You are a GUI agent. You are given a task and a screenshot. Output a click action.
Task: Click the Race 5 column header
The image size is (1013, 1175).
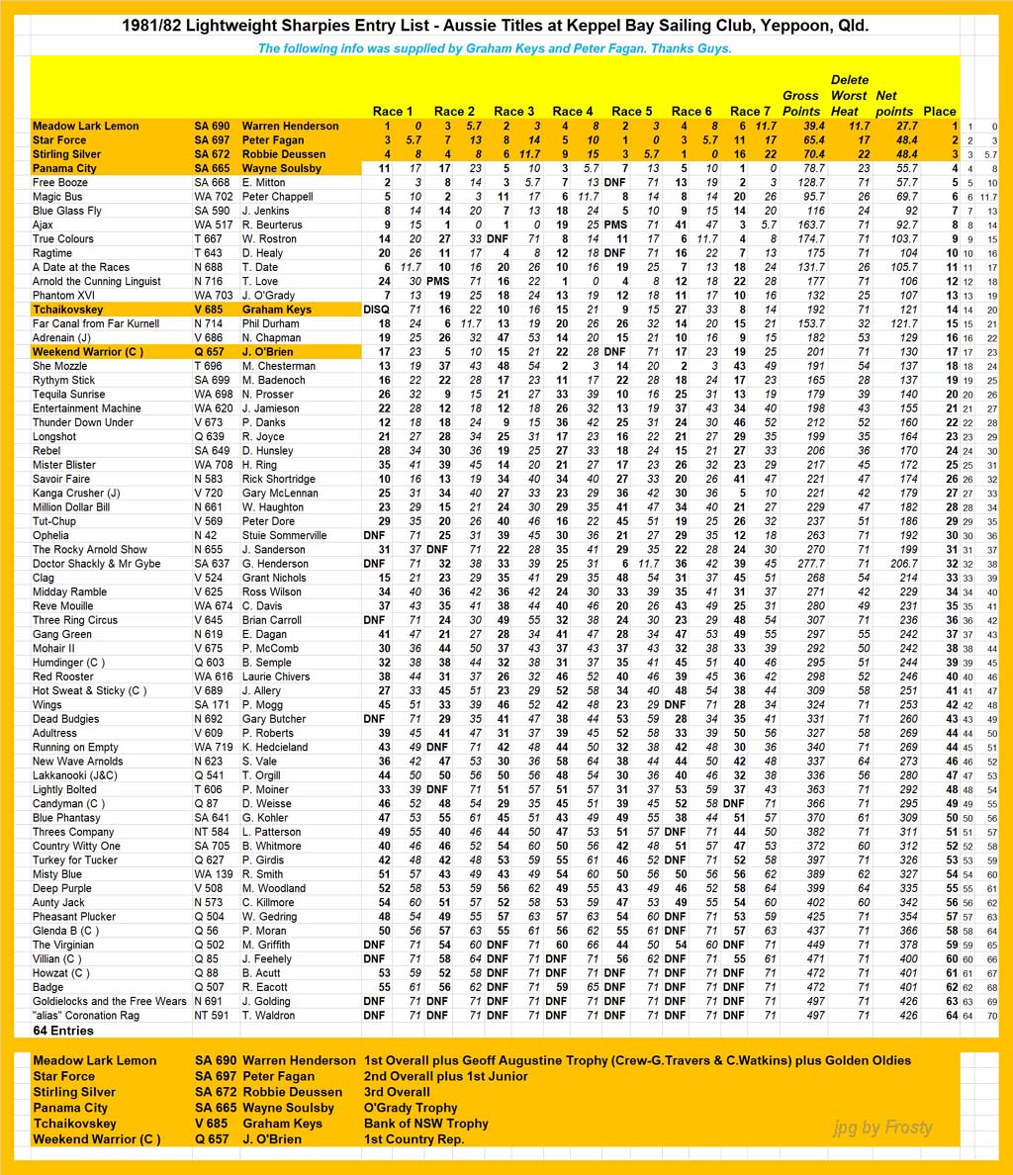pos(632,111)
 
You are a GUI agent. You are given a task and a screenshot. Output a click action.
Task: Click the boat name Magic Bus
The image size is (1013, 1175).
pos(57,197)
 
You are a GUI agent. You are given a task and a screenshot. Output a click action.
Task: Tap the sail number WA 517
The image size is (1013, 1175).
pos(213,225)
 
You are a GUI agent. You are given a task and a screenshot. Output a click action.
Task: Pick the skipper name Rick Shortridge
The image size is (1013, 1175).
pos(278,479)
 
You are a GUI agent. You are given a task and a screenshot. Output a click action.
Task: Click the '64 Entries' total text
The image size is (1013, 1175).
pos(63,1030)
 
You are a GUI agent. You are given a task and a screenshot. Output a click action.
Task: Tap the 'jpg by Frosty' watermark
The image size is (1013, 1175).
pos(882,1127)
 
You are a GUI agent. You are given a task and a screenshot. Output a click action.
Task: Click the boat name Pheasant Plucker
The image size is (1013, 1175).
pos(74,917)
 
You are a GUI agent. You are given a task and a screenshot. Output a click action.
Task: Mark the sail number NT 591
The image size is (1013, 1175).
pos(212,1015)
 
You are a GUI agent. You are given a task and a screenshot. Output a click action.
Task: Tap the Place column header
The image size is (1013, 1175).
pos(939,111)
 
